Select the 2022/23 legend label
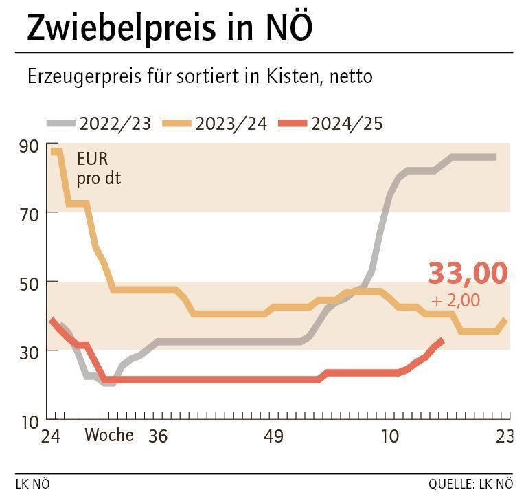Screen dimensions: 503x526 click(115, 124)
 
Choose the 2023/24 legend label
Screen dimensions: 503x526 click(231, 124)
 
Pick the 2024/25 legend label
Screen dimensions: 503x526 click(347, 124)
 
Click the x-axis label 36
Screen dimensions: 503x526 click(158, 436)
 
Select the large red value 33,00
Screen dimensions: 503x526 click(468, 273)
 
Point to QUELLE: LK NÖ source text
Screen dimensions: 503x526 click(470, 484)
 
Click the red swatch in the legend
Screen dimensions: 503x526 click(292, 124)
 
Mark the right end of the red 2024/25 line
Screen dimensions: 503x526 click(442, 341)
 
